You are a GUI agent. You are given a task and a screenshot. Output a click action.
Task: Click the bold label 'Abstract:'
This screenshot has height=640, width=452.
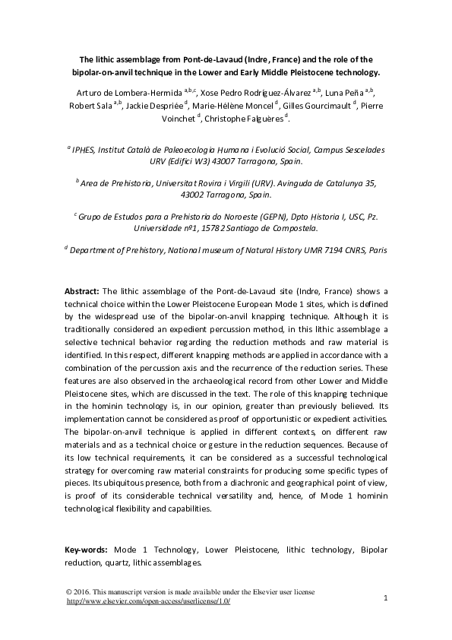click(x=82, y=290)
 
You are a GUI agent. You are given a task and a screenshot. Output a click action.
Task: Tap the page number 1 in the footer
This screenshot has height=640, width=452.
click(x=386, y=598)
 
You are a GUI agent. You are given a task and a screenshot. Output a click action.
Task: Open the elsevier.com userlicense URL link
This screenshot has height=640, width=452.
click(x=148, y=601)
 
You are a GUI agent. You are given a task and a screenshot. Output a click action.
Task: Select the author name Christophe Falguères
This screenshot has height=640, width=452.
click(x=248, y=119)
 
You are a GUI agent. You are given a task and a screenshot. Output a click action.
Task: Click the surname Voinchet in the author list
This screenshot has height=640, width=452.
click(x=176, y=119)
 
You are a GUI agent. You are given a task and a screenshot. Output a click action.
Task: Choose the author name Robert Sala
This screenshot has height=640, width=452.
click(x=90, y=105)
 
